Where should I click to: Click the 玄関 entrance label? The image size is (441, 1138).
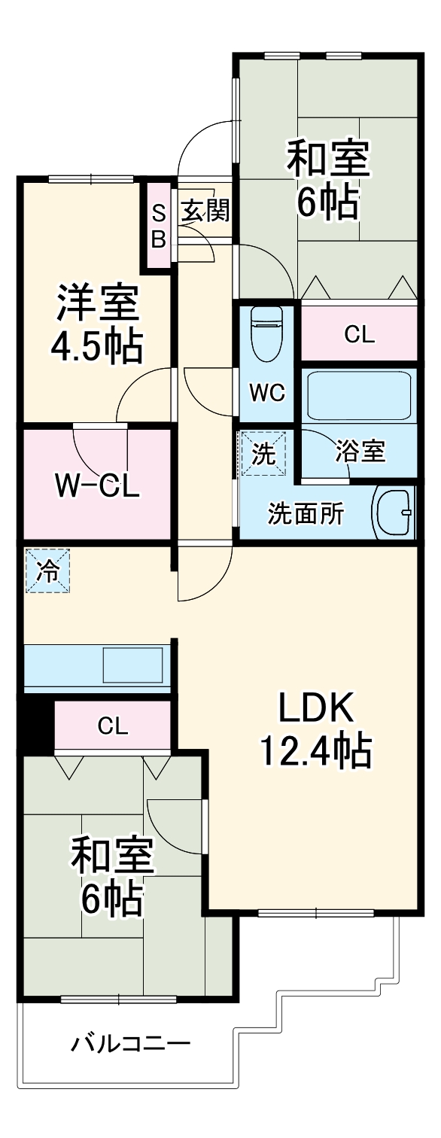point(204,212)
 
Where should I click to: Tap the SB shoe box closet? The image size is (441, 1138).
point(158,227)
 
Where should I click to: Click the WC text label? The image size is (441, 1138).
point(267,393)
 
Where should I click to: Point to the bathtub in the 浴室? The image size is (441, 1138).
point(358,394)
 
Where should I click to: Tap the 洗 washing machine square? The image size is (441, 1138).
point(263,454)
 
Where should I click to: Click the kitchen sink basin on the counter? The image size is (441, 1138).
point(132,665)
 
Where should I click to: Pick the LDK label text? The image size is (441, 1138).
point(315,708)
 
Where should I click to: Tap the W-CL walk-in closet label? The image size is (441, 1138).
point(96,485)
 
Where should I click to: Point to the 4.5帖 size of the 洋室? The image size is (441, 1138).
point(96,345)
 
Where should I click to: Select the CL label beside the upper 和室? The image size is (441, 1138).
point(359,335)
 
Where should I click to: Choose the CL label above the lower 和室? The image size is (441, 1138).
point(113,726)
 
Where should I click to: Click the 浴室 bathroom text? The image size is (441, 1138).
point(360,452)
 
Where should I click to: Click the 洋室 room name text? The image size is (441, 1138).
point(96,303)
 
